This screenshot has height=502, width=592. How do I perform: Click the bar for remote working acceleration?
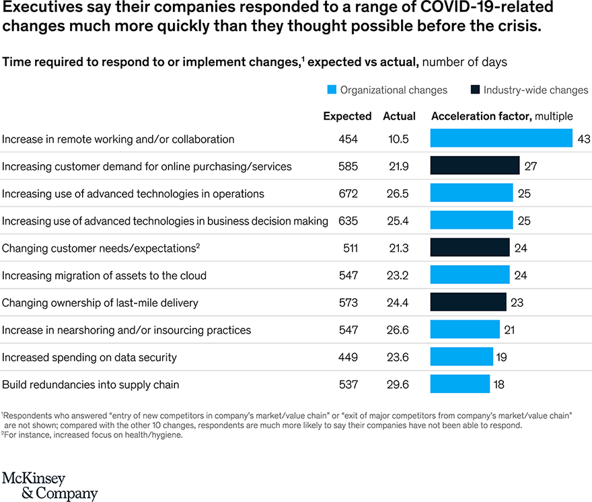click(501, 138)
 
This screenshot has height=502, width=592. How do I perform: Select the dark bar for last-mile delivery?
click(468, 302)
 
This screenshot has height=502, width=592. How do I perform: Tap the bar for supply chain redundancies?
click(460, 384)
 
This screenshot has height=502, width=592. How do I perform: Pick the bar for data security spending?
click(461, 357)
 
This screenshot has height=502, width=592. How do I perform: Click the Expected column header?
click(347, 116)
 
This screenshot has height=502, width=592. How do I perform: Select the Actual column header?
click(399, 116)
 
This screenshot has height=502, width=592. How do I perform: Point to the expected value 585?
click(348, 166)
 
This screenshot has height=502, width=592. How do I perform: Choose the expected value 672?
click(348, 194)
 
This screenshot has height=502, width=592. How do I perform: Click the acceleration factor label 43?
click(583, 139)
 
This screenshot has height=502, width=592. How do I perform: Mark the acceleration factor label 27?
click(531, 166)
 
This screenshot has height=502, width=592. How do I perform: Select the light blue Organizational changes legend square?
click(332, 89)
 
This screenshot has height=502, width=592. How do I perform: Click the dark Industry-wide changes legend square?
click(475, 89)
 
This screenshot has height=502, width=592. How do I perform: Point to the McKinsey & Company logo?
click(50, 486)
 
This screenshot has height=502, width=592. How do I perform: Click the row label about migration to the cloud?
click(104, 275)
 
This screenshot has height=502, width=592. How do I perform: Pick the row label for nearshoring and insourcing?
click(126, 330)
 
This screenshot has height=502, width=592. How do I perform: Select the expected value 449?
click(348, 357)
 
